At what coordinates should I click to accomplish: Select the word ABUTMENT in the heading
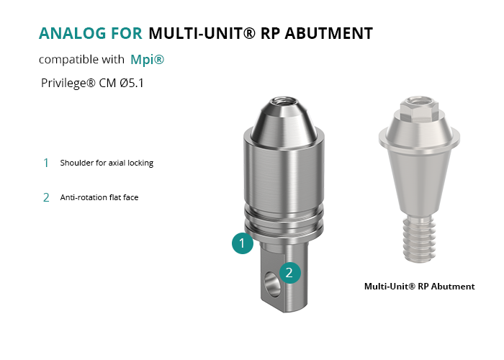click(329, 33)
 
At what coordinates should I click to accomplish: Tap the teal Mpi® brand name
click(147, 60)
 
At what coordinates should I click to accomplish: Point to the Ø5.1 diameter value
click(132, 83)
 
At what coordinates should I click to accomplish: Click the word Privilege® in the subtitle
click(68, 84)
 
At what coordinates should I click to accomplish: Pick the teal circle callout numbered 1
click(243, 243)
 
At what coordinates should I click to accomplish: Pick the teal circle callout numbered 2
click(289, 273)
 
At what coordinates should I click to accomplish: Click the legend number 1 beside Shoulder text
click(46, 163)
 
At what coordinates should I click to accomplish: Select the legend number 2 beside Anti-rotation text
click(46, 197)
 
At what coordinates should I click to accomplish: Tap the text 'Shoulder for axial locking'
click(107, 163)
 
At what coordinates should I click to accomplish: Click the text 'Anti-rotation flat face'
click(99, 197)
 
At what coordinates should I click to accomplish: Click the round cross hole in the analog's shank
click(271, 284)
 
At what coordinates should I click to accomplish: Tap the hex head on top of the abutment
click(419, 108)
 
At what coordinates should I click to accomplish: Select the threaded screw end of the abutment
click(420, 238)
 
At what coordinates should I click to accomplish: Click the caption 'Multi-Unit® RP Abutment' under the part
click(420, 287)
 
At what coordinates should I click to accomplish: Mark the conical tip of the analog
click(284, 124)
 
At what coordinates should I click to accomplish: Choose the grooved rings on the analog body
click(284, 220)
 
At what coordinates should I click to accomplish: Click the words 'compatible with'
click(81, 60)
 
